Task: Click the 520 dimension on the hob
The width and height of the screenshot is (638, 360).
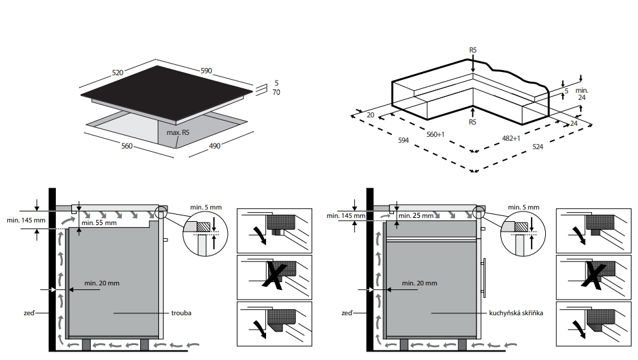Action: click(117, 73)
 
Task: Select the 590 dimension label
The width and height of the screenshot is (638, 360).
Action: click(206, 71)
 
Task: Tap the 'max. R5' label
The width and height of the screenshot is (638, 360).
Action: click(178, 132)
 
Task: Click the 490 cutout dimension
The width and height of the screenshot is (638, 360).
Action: click(214, 146)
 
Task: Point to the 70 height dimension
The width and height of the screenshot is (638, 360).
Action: click(276, 93)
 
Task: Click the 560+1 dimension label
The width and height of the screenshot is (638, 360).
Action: click(435, 134)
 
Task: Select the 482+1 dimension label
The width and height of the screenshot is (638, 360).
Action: click(511, 138)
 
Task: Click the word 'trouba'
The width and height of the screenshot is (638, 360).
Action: click(182, 313)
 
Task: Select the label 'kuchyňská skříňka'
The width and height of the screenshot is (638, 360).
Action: click(516, 313)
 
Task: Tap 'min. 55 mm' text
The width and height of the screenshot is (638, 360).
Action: click(99, 223)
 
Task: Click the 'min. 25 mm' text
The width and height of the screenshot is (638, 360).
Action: click(416, 215)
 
